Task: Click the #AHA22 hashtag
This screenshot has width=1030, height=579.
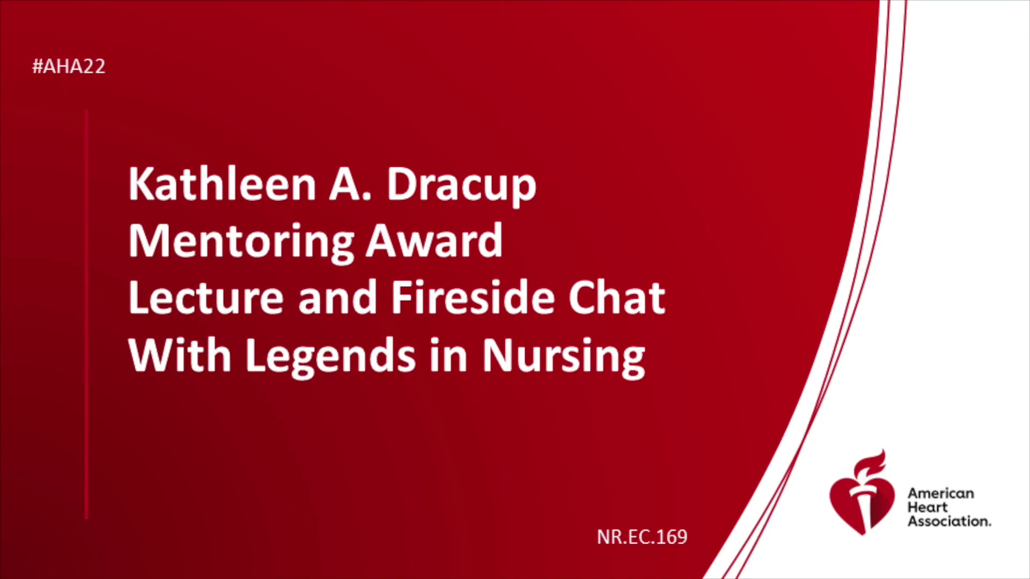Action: click(x=69, y=66)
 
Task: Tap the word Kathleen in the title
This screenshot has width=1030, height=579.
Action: click(x=222, y=184)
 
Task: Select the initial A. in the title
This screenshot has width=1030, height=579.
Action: click(x=350, y=184)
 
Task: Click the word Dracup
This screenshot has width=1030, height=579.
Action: click(x=461, y=186)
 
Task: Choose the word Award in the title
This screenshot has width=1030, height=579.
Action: click(x=435, y=241)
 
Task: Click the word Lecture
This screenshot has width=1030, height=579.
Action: click(x=206, y=298)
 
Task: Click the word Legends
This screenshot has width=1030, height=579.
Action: click(x=330, y=358)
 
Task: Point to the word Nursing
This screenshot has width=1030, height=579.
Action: click(x=564, y=358)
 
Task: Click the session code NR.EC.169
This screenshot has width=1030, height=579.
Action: click(x=642, y=537)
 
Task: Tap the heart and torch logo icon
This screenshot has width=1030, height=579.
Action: click(x=862, y=493)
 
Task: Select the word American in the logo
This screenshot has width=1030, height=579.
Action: click(x=941, y=493)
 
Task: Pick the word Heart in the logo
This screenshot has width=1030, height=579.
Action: click(x=928, y=507)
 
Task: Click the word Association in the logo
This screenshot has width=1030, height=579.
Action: click(x=949, y=521)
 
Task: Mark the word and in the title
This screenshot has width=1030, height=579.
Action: click(x=337, y=298)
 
